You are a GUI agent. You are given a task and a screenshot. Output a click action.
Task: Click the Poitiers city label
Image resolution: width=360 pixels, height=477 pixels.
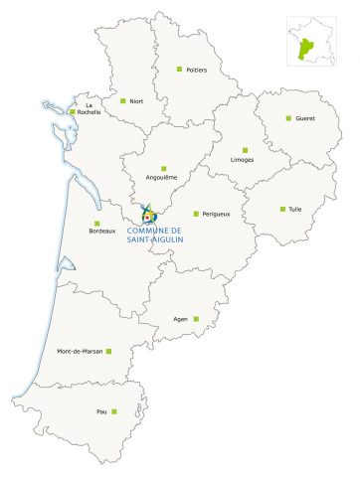197,70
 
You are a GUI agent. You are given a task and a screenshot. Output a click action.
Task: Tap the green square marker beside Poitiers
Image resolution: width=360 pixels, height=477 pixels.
179,69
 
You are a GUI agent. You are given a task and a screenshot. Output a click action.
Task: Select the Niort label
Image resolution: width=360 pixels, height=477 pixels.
136,101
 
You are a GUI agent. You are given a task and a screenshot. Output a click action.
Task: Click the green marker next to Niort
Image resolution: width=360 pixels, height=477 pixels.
122,100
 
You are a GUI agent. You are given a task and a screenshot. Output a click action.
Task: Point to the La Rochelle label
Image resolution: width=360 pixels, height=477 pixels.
89,109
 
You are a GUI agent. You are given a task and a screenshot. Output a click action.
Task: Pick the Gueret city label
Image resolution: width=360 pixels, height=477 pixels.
304,118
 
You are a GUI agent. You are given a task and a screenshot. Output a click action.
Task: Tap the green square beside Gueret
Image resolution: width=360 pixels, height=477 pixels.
288,118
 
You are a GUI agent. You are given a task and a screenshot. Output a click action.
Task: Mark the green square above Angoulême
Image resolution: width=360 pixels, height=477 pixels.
163,168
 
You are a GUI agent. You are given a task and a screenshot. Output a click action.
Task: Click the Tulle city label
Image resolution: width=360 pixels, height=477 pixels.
295,209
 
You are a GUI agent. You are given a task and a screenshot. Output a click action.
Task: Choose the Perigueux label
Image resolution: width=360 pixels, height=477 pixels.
215,214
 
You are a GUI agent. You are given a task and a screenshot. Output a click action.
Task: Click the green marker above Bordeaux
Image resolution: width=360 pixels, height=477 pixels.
97,223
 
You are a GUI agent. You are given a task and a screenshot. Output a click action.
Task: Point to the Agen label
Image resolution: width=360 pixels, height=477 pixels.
180,319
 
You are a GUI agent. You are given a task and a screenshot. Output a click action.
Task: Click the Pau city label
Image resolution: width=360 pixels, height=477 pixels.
100,410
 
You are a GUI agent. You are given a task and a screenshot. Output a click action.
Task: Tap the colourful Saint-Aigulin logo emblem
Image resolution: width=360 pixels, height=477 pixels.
150,214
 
